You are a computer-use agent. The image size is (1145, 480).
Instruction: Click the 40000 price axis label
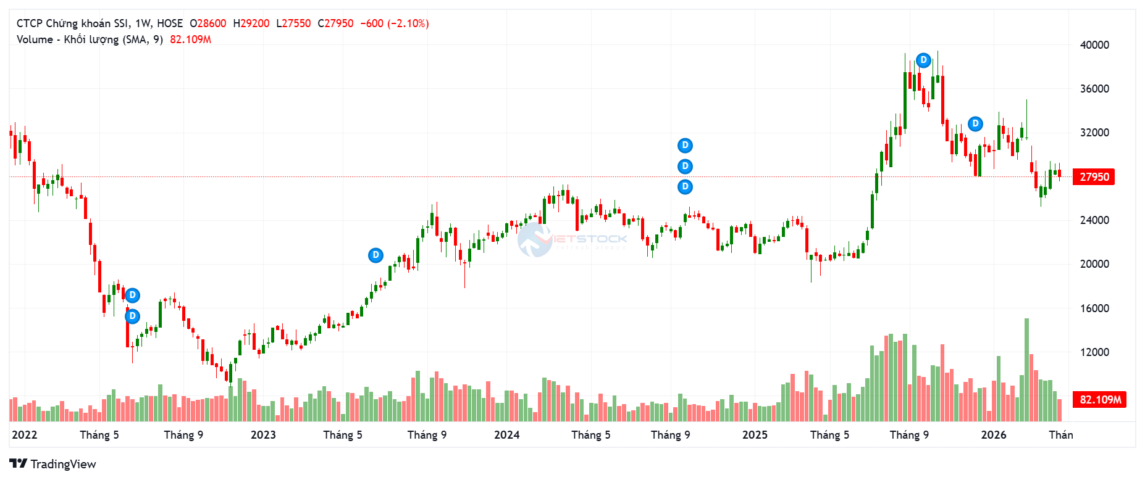pos(1094,45)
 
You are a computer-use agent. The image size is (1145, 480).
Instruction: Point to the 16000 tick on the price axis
pos(1094,308)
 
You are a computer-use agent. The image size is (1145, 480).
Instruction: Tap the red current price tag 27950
pos(1094,177)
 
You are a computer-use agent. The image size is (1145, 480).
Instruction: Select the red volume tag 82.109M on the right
pos(1100,400)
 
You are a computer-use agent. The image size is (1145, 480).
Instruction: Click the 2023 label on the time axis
pos(263,435)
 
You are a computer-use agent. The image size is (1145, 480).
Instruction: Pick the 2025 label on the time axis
pos(755,435)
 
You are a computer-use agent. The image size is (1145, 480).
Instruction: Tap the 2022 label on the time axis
pos(25,435)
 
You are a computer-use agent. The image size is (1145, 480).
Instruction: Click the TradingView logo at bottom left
pos(53,464)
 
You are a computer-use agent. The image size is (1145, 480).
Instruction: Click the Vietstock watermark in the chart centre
pos(571,239)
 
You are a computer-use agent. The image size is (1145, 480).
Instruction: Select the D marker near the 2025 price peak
pos(923,60)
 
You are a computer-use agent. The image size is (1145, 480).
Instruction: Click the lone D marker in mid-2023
pos(375,255)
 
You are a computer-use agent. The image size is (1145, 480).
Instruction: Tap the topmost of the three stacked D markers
pos(685,146)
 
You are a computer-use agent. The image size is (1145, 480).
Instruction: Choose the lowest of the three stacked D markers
pos(685,186)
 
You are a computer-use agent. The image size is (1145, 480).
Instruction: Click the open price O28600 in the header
pos(208,23)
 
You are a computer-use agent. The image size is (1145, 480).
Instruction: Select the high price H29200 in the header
pos(251,23)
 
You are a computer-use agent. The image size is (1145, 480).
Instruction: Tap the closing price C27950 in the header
pos(335,23)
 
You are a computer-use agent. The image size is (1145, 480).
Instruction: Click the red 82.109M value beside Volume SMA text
pos(190,39)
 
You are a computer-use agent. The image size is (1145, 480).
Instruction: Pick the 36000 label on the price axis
pos(1094,89)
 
